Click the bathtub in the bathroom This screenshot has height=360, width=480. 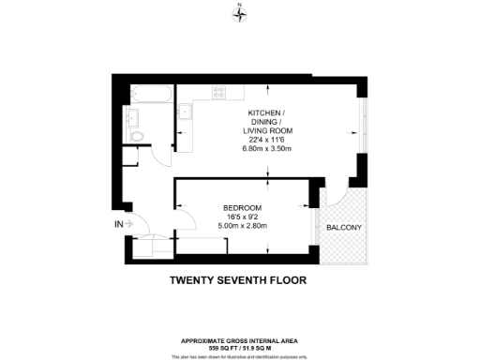152,93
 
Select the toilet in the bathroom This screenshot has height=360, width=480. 139,137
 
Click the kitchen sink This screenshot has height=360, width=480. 187,112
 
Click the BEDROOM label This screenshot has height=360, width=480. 242,207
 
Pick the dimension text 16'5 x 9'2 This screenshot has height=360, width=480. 242,217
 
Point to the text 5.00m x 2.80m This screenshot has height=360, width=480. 242,226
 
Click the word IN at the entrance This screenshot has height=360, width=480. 118,224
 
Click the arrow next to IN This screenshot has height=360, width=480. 130,224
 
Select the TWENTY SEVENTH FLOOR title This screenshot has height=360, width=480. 238,279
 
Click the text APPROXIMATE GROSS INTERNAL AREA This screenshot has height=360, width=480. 239,339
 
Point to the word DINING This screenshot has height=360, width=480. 263,122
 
